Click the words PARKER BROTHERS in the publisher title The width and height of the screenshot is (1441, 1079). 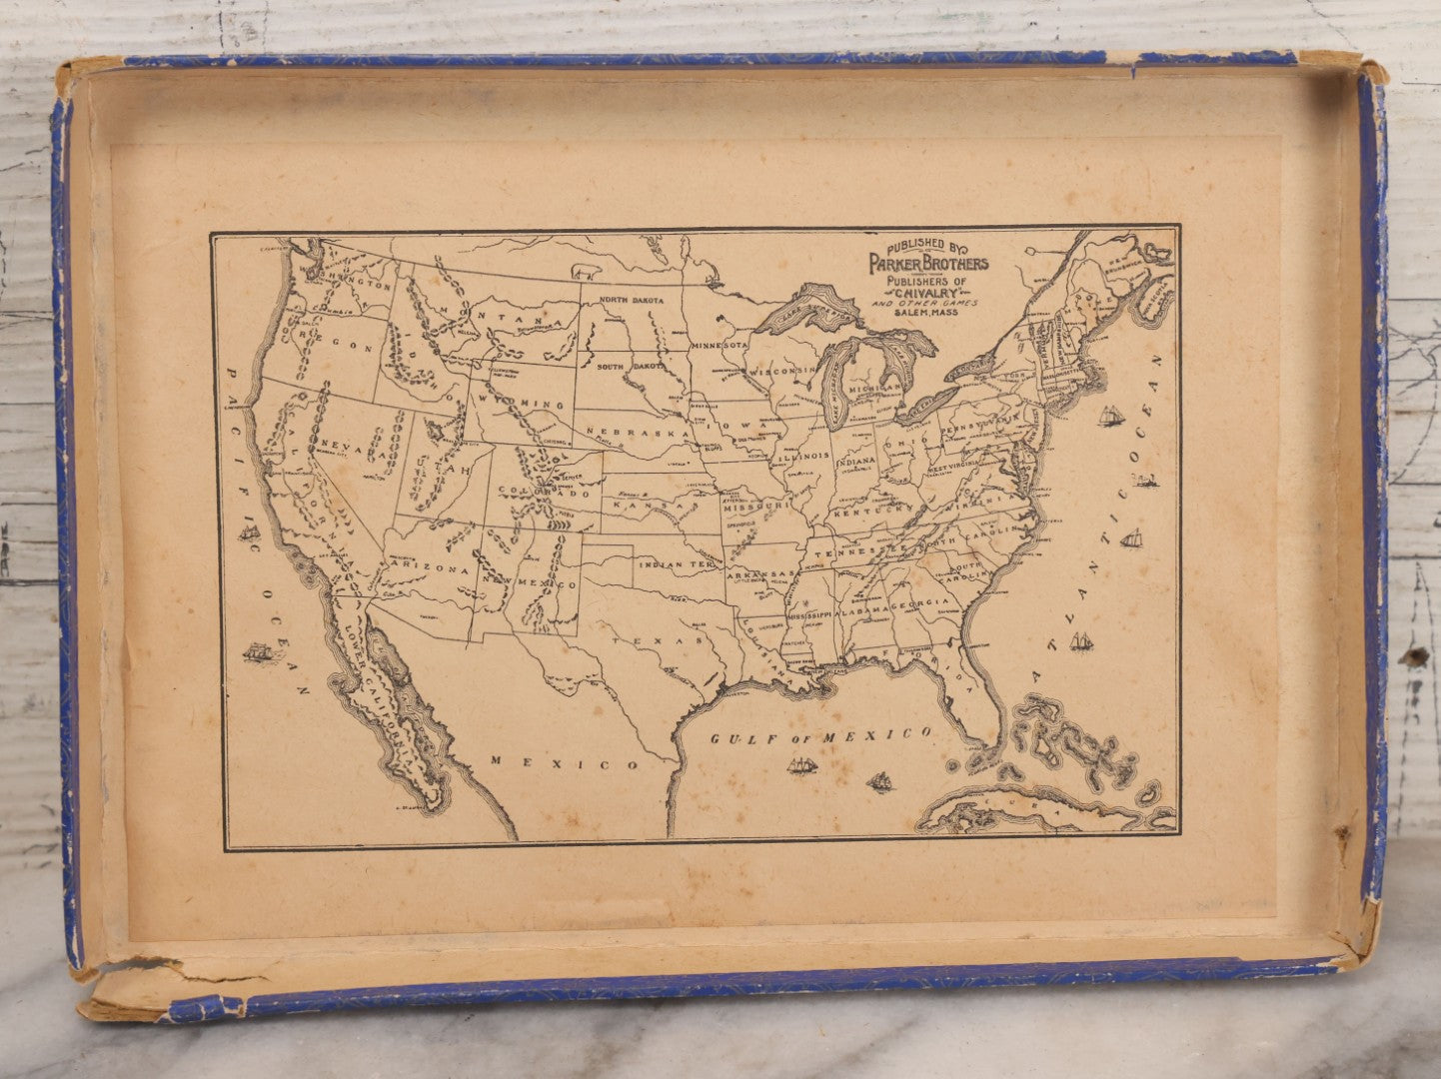click(x=927, y=263)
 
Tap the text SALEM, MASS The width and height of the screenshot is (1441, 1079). click(x=925, y=313)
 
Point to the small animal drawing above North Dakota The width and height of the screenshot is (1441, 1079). click(x=583, y=271)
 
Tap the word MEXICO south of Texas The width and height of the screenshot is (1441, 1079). click(x=565, y=763)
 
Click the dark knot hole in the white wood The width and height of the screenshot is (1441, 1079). click(x=1413, y=656)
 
